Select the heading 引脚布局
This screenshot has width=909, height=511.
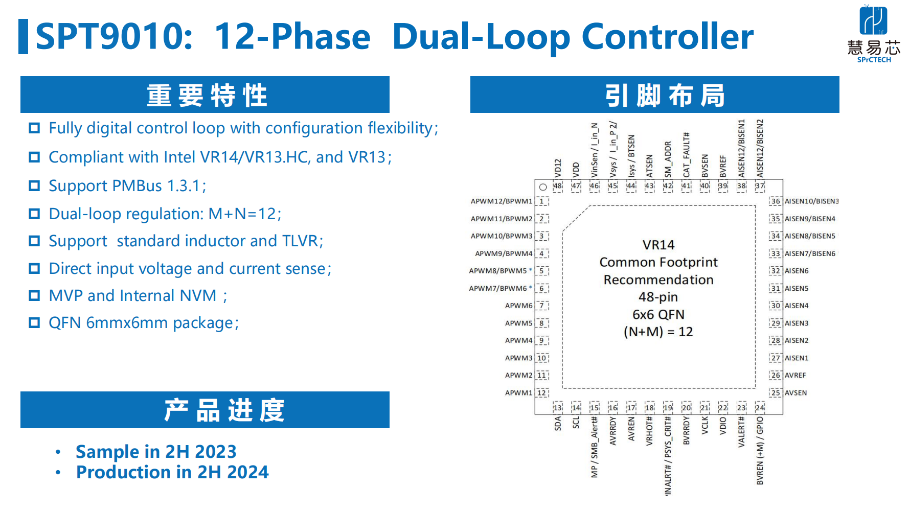(664, 96)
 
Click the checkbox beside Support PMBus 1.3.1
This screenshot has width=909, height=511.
(34, 186)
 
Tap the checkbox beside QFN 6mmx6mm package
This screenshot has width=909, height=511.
(34, 323)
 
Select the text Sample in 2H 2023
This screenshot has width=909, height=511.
(156, 452)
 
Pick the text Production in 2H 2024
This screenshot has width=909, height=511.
(172, 472)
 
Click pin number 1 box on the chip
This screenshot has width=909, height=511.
(542, 201)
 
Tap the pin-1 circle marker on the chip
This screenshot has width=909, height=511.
(543, 187)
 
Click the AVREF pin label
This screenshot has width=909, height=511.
(795, 375)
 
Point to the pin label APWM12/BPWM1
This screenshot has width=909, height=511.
(501, 201)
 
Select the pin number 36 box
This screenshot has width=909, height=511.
(776, 201)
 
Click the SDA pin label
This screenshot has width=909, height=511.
(558, 423)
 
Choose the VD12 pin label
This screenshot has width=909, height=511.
(558, 168)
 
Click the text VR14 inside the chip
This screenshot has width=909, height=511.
(658, 245)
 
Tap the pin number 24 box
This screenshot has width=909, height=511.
(760, 407)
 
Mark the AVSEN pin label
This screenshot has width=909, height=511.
(796, 393)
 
